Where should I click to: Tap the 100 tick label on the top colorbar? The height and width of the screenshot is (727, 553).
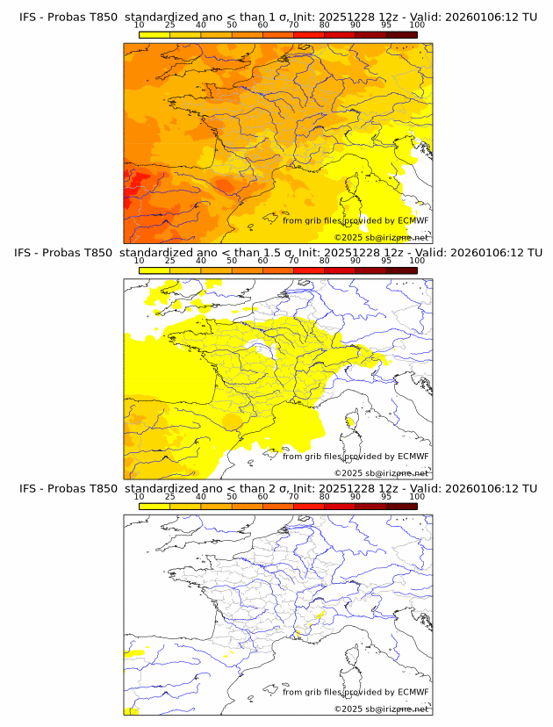click(x=417, y=25)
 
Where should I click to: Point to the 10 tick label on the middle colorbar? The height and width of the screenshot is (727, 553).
click(x=139, y=261)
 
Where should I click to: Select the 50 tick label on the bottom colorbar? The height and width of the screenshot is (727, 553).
click(x=232, y=497)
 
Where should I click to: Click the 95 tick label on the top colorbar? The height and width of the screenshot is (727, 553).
click(x=386, y=25)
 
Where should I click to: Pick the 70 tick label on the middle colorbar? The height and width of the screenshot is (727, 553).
click(x=293, y=261)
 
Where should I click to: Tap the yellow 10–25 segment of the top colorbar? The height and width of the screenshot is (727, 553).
click(x=154, y=34)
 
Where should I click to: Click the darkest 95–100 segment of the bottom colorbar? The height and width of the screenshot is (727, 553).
click(x=401, y=507)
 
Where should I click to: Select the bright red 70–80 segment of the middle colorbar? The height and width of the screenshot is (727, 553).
click(x=309, y=270)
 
